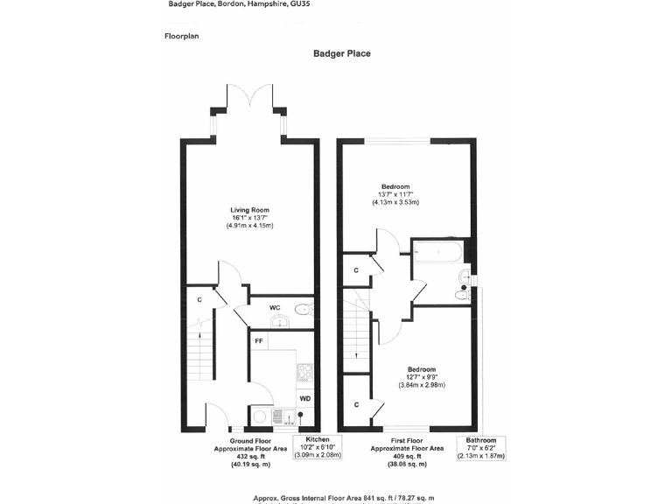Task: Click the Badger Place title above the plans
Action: click(x=341, y=53)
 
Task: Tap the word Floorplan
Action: click(x=181, y=36)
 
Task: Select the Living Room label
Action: click(x=249, y=210)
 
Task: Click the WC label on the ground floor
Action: click(x=274, y=308)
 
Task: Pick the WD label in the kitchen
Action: click(x=304, y=399)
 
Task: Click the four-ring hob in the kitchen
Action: click(x=304, y=372)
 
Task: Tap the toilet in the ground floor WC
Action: click(x=303, y=308)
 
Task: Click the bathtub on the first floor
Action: click(x=437, y=250)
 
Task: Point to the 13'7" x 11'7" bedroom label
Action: click(x=395, y=194)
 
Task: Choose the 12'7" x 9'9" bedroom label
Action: click(x=422, y=377)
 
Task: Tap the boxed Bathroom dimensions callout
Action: click(x=480, y=447)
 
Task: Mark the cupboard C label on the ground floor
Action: click(x=199, y=300)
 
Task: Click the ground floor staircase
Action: click(x=200, y=354)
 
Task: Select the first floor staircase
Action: click(x=357, y=337)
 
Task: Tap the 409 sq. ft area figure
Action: click(x=407, y=457)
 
